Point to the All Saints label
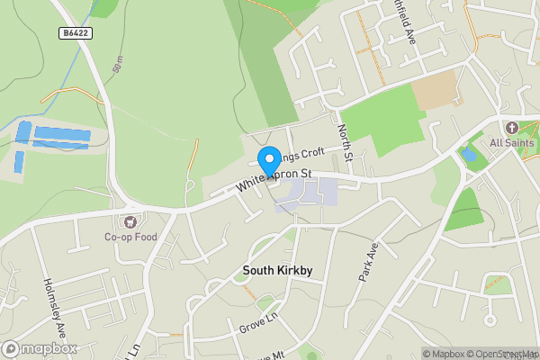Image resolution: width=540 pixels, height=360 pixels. [x=511, y=143]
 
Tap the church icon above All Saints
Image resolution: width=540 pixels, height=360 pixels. [x=511, y=128]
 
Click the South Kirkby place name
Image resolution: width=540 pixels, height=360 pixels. [x=271, y=270]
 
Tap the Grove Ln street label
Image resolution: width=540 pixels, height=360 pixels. [x=257, y=325]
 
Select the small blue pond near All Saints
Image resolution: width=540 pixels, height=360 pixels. [x=468, y=155]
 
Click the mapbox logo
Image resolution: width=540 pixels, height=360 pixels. [x=40, y=348]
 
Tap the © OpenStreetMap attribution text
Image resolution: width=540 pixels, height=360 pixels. [x=500, y=354]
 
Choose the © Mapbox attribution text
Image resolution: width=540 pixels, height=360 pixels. [x=441, y=354]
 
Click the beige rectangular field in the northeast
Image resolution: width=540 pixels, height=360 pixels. [x=436, y=89]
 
